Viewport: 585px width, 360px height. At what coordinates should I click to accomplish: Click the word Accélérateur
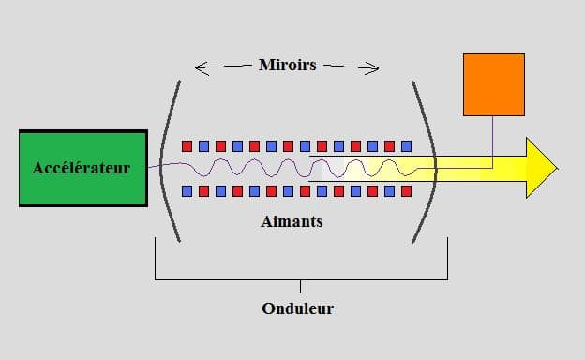coord(82,169)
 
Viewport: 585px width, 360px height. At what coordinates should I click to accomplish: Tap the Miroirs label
coord(287,66)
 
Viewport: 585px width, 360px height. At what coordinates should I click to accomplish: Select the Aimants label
coord(293,222)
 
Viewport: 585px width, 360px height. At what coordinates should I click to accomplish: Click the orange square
coord(493,84)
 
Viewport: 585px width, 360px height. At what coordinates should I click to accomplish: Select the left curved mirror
coord(169,159)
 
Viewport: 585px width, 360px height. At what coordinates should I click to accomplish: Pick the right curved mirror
coord(427,159)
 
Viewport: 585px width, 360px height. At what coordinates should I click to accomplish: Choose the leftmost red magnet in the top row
coord(187,146)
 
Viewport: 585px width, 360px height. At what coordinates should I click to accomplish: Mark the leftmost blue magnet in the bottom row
coord(187,191)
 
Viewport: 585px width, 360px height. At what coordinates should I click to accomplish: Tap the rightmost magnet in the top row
coord(406,146)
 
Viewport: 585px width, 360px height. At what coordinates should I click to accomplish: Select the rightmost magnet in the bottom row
coord(406,191)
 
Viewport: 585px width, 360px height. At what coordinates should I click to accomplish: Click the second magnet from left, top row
coord(203,146)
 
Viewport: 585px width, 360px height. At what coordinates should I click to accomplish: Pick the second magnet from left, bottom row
coord(203,191)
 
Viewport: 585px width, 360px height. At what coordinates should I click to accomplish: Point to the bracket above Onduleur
coord(300,278)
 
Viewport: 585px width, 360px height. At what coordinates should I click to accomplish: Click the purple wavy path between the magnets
coord(281,169)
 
